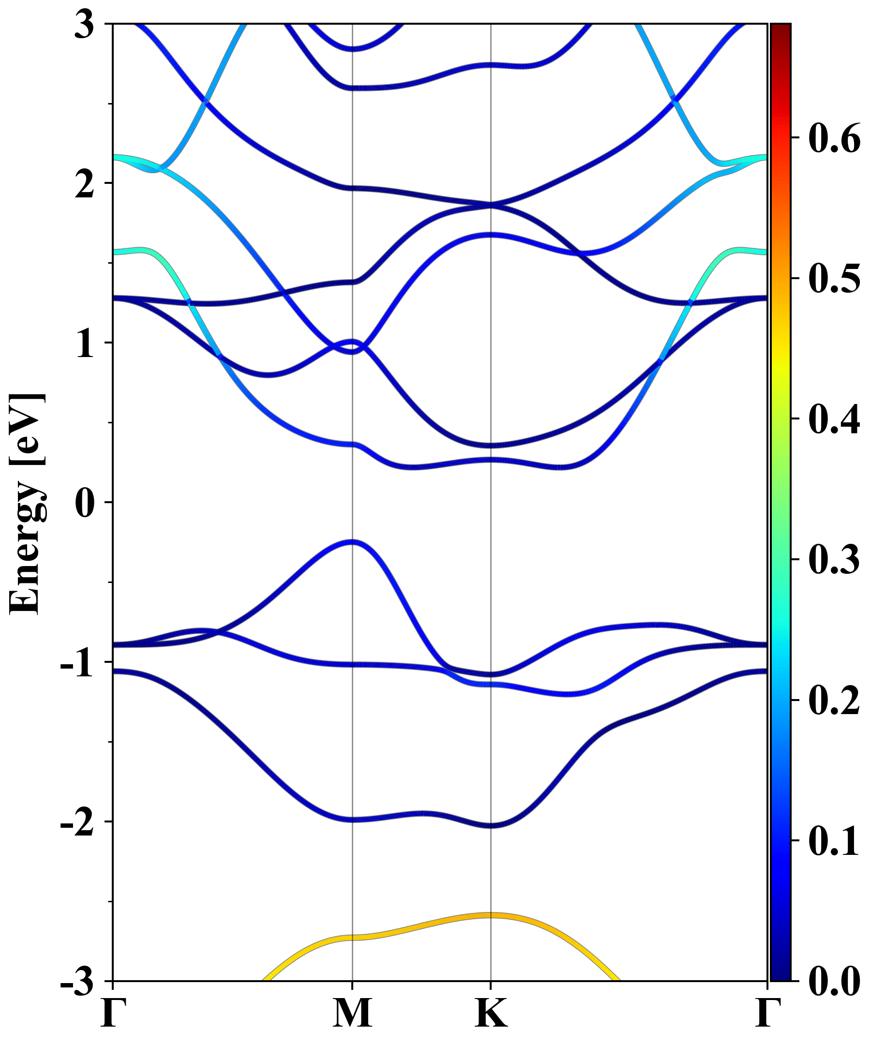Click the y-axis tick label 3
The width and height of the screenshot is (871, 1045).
coord(84,25)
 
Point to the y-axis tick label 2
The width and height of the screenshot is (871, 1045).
coord(84,184)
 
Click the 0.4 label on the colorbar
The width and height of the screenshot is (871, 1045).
coord(834,419)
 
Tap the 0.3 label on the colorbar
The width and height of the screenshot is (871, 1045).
coord(834,559)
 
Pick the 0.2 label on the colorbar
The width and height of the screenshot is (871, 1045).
coord(834,700)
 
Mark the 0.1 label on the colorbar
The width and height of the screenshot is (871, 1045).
coord(834,841)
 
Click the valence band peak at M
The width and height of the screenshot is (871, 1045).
coord(352,542)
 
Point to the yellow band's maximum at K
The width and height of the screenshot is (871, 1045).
coord(491,915)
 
